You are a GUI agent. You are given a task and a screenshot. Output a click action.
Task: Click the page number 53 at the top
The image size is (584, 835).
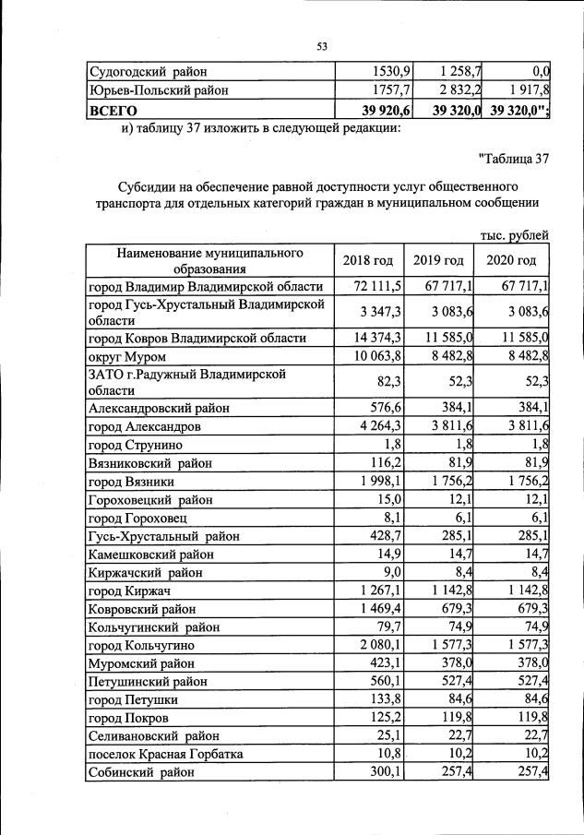[x=322, y=46]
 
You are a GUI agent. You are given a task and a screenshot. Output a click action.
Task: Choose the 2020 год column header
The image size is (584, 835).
[x=511, y=260]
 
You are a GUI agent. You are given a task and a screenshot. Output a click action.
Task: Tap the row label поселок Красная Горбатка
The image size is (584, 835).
[x=165, y=754]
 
